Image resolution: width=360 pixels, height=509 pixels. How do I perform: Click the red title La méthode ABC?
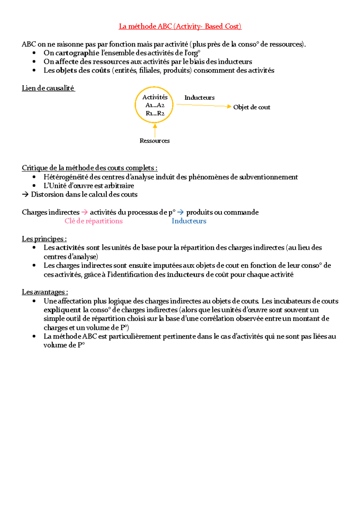pyautogui.click(x=180, y=26)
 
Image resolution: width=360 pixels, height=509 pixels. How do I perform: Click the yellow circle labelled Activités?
pyautogui.click(x=154, y=105)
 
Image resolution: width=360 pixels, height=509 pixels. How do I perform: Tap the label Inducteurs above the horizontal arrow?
pyautogui.click(x=199, y=98)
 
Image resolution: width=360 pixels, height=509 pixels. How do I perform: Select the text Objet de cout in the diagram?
pyautogui.click(x=251, y=107)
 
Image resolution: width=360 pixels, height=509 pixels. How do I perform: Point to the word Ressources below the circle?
pyautogui.click(x=154, y=141)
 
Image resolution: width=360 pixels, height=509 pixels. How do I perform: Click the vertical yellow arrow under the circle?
pyautogui.click(x=155, y=130)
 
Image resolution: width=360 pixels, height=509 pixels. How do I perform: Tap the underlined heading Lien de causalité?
pyautogui.click(x=48, y=88)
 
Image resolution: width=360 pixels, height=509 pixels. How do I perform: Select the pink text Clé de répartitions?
pyautogui.click(x=94, y=221)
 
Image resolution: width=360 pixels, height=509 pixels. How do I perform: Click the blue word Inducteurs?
pyautogui.click(x=189, y=221)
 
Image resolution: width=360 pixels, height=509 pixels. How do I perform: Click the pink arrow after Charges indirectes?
pyautogui.click(x=85, y=212)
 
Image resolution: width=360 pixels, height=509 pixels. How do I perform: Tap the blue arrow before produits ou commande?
pyautogui.click(x=180, y=212)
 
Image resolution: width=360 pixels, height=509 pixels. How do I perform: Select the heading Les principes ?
pyautogui.click(x=44, y=239)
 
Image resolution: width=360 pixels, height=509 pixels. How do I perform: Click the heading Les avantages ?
pyautogui.click(x=45, y=292)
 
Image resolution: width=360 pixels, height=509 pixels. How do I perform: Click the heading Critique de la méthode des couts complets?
pyautogui.click(x=89, y=168)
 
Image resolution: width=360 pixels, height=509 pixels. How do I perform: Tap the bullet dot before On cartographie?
pyautogui.click(x=34, y=53)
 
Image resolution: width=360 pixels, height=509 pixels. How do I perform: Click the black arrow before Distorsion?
pyautogui.click(x=25, y=195)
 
